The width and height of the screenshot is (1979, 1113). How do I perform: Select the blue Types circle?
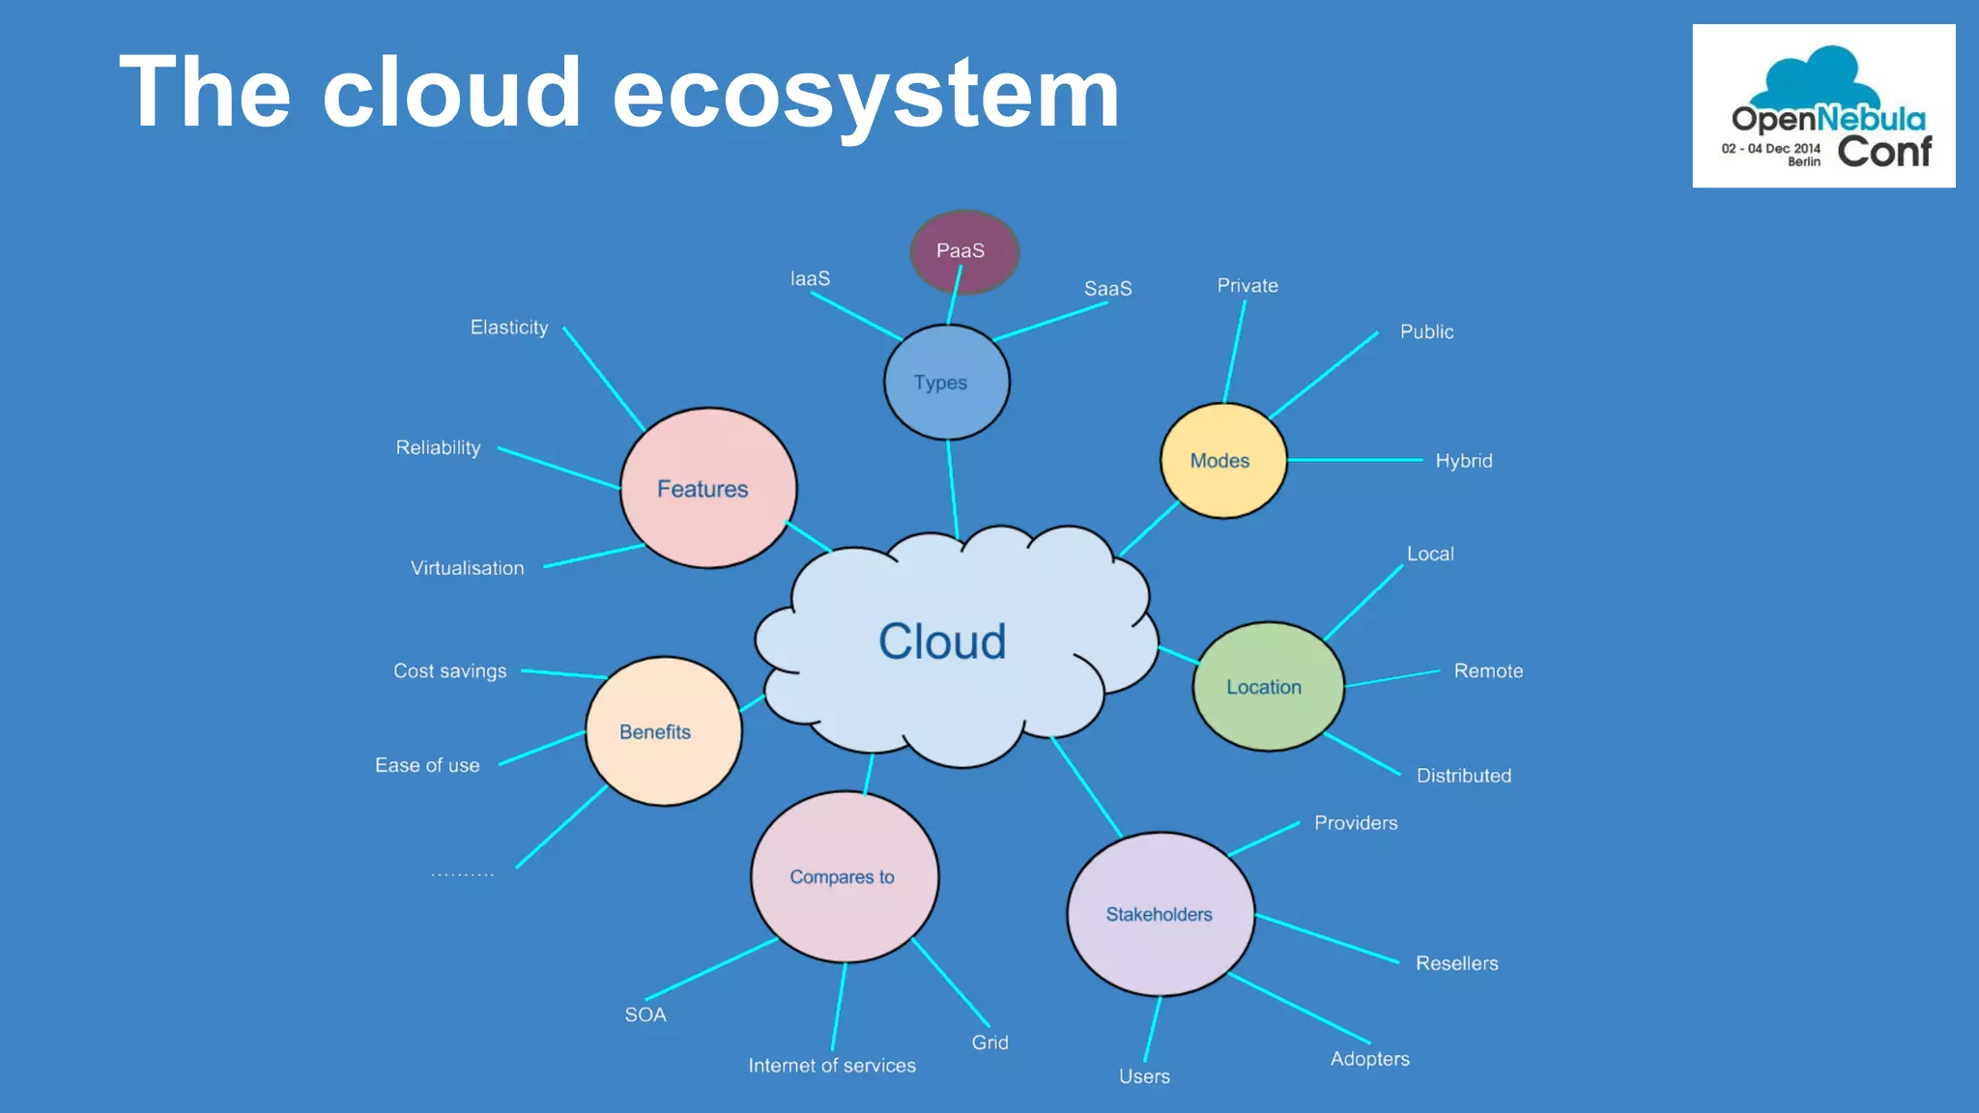pos(946,383)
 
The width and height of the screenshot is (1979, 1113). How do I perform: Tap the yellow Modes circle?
pos(1222,461)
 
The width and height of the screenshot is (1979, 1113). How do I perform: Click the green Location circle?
pos(1268,687)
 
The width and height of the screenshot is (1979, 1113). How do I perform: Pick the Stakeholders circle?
pos(1160,914)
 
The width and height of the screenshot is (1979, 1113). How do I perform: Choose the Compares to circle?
pos(844,877)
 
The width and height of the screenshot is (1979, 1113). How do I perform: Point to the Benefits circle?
pos(663,731)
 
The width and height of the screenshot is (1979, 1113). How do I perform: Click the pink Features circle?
pos(707,489)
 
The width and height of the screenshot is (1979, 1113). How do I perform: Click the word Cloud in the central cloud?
pos(942,642)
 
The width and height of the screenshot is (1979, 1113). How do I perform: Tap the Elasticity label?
pos(509,328)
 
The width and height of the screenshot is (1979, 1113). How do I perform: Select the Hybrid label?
pos(1463,461)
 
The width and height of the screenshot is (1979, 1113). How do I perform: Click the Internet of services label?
pos(832,1066)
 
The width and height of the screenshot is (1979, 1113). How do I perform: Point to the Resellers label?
pos(1456,963)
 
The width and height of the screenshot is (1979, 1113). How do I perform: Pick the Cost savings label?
pos(449,671)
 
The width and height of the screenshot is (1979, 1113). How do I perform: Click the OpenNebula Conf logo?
pos(1823,106)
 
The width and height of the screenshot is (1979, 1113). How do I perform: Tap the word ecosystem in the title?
pos(865,93)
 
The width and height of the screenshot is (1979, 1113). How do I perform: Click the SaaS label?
pos(1107,289)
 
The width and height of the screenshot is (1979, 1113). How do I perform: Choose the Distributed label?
pos(1463,776)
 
